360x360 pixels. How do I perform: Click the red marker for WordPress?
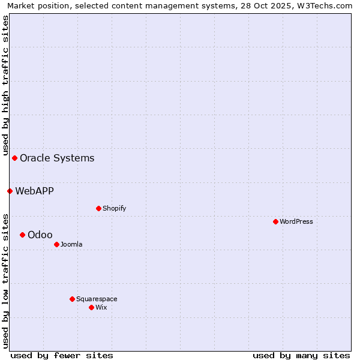click(275, 221)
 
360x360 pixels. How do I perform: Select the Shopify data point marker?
click(98, 208)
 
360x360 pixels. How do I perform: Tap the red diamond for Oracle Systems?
click(14, 158)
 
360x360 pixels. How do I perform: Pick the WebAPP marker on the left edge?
click(10, 191)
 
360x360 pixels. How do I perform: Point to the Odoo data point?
click(22, 235)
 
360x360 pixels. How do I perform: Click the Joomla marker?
click(56, 244)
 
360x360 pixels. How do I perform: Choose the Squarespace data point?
click(72, 299)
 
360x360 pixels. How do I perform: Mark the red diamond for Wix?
click(91, 307)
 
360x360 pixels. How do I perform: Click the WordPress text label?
click(296, 221)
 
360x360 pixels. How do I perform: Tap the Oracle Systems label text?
click(57, 158)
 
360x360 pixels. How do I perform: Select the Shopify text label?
click(114, 208)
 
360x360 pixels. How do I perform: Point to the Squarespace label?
click(97, 299)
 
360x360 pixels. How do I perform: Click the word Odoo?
click(40, 235)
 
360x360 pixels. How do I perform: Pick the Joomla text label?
click(71, 244)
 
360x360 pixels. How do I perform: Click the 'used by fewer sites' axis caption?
click(62, 355)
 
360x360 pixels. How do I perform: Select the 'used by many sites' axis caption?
click(301, 355)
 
